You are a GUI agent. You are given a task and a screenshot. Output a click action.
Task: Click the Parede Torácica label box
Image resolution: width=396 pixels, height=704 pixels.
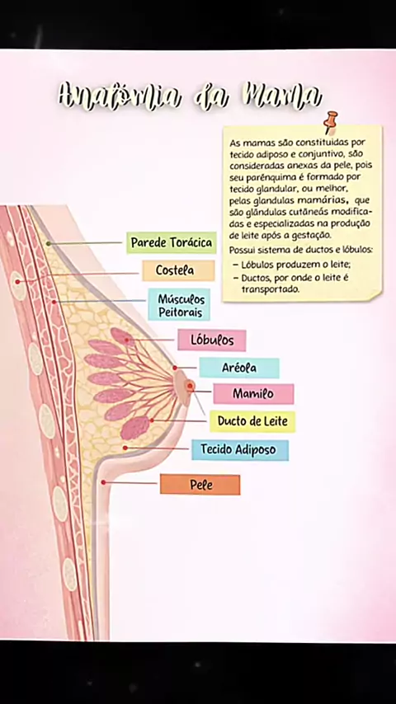[x=172, y=243]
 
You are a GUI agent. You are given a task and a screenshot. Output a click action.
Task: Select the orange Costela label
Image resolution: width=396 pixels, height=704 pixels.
[x=178, y=270]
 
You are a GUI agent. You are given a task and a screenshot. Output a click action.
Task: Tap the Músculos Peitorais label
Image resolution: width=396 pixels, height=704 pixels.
[x=179, y=304]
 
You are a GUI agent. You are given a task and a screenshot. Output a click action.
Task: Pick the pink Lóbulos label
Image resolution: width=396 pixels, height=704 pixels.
[x=212, y=340]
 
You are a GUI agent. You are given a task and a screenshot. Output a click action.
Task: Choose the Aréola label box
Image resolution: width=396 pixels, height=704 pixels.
[x=239, y=368]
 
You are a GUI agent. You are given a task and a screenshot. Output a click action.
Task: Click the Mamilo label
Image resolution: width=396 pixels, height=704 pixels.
[x=253, y=394]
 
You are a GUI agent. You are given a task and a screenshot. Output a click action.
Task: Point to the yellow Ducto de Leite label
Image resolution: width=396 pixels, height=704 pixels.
[x=252, y=421]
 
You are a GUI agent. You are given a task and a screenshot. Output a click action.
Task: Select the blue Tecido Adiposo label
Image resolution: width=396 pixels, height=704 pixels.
[x=240, y=449]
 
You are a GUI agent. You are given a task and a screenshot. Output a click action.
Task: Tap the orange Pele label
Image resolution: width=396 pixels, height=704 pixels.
[x=200, y=485]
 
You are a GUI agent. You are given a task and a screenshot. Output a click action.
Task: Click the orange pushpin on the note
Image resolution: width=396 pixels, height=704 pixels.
[x=331, y=121]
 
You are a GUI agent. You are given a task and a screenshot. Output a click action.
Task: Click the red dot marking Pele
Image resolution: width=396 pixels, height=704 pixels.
[x=103, y=482]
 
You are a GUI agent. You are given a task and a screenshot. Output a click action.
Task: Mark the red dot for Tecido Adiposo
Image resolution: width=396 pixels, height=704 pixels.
[x=125, y=448]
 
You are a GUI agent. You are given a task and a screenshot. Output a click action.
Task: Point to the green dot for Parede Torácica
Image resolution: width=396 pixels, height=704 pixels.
[x=48, y=243]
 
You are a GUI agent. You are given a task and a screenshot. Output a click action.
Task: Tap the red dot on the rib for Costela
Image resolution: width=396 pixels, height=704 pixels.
[x=17, y=281]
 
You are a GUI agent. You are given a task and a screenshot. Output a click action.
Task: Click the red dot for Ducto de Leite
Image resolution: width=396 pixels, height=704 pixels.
[x=152, y=420]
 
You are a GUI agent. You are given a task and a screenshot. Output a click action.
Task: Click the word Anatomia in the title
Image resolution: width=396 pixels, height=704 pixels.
[x=119, y=96]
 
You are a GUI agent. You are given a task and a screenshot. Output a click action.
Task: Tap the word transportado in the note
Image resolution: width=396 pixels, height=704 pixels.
[x=270, y=289]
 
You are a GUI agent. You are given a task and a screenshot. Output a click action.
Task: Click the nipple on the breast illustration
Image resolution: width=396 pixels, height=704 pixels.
[x=190, y=386]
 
